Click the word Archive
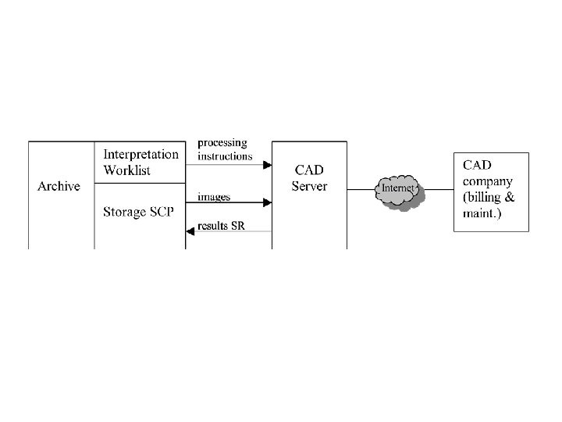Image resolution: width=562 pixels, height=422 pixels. (59, 187)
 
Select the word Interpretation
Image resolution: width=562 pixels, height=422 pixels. (140, 154)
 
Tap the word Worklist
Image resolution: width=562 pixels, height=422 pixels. (126, 170)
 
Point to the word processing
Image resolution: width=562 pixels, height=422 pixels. (222, 143)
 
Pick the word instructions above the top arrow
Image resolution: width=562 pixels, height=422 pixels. (225, 156)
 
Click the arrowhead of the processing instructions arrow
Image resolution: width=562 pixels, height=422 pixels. (268, 165)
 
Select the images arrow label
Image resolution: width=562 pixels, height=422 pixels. (214, 196)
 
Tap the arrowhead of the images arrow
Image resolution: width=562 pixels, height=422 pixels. (268, 203)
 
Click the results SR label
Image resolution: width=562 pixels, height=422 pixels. (222, 224)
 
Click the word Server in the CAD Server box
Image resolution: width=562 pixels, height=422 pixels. (310, 186)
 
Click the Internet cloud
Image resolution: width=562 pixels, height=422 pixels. (399, 189)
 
